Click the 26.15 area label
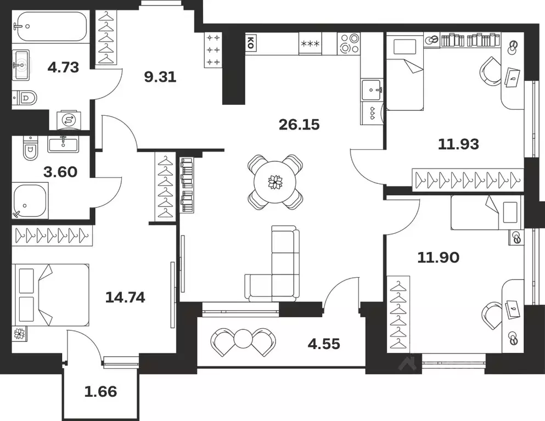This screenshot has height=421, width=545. (299, 124)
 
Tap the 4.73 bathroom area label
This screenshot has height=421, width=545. (63, 67)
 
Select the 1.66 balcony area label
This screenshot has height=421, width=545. (100, 391)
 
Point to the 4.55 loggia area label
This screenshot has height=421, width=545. (324, 344)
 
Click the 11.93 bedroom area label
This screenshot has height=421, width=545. (458, 144)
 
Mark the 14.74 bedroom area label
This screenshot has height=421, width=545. (125, 297)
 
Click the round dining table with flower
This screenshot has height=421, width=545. (275, 182)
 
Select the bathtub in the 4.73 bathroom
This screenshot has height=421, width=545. (50, 26)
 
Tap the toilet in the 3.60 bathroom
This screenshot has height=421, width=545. (30, 149)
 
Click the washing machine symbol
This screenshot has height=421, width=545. (69, 120)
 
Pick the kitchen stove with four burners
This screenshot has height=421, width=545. (349, 43)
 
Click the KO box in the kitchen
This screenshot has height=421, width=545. (251, 43)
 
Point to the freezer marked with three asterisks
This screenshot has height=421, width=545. (311, 43)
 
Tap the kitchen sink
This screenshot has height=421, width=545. (372, 89)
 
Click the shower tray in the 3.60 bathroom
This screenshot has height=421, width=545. (30, 200)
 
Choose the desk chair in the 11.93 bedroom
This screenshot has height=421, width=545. (491, 72)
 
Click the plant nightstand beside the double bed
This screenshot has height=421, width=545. (20, 334)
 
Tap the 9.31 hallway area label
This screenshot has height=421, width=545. (160, 77)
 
